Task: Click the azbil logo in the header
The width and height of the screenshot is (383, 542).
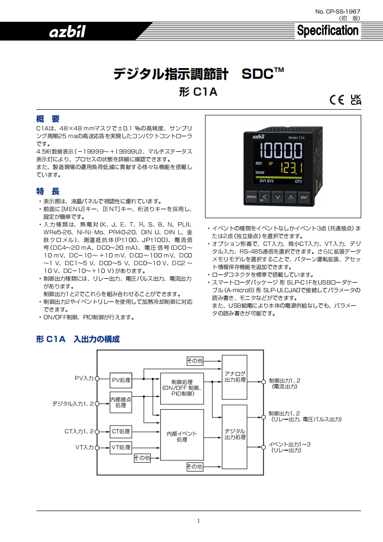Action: pos(67,31)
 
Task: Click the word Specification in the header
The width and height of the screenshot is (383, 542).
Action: pos(327,30)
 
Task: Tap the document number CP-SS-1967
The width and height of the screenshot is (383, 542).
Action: pos(338,12)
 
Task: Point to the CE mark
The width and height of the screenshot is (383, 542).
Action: pos(337,100)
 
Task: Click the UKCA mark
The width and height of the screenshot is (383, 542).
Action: pos(355,100)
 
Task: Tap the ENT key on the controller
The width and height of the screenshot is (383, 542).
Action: pos(304,198)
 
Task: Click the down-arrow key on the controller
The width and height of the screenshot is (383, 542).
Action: pos(278,198)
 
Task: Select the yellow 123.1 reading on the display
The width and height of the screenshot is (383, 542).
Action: pos(291,168)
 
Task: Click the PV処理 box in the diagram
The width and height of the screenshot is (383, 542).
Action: pos(121,380)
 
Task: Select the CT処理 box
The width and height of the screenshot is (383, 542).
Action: pos(121,431)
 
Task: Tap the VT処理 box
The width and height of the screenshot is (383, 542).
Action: pos(121,447)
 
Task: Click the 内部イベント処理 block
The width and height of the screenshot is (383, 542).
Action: pos(182,435)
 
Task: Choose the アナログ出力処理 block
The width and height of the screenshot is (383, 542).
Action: pos(235,377)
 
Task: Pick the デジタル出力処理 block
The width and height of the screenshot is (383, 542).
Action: pos(235,437)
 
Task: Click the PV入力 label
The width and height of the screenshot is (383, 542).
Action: pos(85,378)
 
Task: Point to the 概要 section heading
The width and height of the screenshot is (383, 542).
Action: pos(48,119)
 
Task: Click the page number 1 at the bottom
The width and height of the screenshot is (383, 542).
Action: pos(199,521)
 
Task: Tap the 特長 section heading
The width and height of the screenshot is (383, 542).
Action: pos(48,191)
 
